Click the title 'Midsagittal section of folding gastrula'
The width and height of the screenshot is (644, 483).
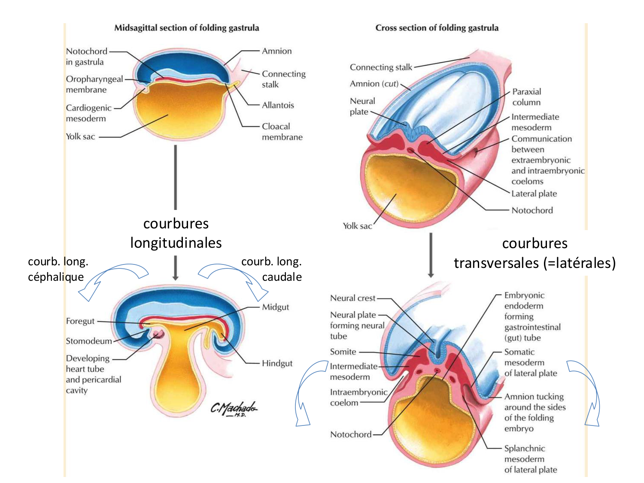pyautogui.click(x=186, y=28)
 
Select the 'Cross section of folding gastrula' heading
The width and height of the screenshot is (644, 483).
pyautogui.click(x=437, y=28)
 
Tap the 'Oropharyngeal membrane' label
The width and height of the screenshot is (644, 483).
pyautogui.click(x=94, y=84)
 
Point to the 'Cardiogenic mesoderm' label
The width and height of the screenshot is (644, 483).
pyautogui.click(x=88, y=113)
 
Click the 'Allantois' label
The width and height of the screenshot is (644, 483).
pyautogui.click(x=278, y=105)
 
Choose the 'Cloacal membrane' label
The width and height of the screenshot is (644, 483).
pyautogui.click(x=282, y=131)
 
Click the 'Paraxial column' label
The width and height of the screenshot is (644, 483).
pyautogui.click(x=526, y=97)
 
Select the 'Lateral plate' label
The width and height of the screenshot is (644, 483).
pyautogui.click(x=534, y=194)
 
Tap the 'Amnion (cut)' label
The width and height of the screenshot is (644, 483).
pyautogui.click(x=374, y=84)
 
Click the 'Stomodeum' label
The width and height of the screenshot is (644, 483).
pyautogui.click(x=88, y=341)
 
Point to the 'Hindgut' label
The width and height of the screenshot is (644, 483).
pyautogui.click(x=277, y=363)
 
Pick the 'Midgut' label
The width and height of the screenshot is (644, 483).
pyautogui.click(x=275, y=307)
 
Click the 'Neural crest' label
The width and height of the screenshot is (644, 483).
pyautogui.click(x=352, y=298)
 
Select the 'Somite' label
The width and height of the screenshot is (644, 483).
pyautogui.click(x=343, y=352)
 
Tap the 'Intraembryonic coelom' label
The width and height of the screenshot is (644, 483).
pyautogui.click(x=358, y=397)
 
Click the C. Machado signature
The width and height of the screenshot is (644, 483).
pyautogui.click(x=234, y=408)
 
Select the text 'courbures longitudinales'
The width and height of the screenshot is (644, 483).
pyautogui.click(x=176, y=233)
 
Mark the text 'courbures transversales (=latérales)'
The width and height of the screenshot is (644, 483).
pyautogui.click(x=535, y=253)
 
